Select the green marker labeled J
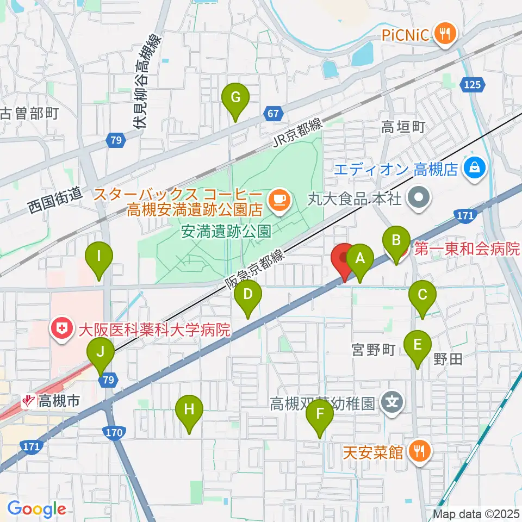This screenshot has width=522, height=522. click(101, 352)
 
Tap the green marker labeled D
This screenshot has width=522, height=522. click(248, 295)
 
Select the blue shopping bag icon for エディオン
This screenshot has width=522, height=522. click(475, 167)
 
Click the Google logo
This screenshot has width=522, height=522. click(36, 509)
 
